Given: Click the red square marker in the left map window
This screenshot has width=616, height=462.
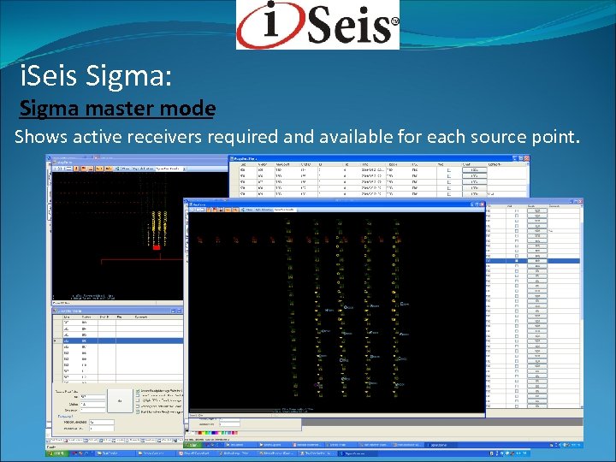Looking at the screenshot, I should point(157,246).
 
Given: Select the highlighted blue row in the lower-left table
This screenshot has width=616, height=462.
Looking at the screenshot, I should point(115,341).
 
